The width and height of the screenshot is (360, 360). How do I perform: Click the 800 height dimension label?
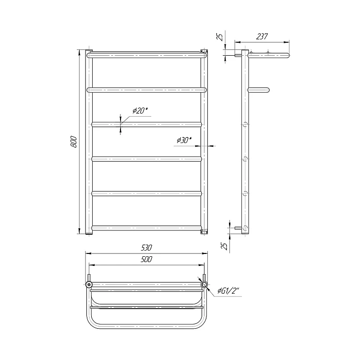[x=74, y=142]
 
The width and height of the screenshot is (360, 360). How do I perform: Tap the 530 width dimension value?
[x=146, y=248]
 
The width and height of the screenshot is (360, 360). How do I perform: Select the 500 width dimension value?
[x=146, y=259]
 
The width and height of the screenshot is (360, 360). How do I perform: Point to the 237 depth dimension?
[x=262, y=36]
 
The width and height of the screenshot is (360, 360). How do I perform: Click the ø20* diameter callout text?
[x=140, y=110]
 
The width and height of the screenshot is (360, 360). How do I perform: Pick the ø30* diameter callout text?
[x=184, y=140]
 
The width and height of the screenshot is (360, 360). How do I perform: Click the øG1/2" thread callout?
[x=229, y=291]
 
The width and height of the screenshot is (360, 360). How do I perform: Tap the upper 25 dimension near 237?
[x=220, y=37]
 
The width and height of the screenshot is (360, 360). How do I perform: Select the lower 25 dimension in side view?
[x=225, y=246]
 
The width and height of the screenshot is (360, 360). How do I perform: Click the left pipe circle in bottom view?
[x=89, y=285]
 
